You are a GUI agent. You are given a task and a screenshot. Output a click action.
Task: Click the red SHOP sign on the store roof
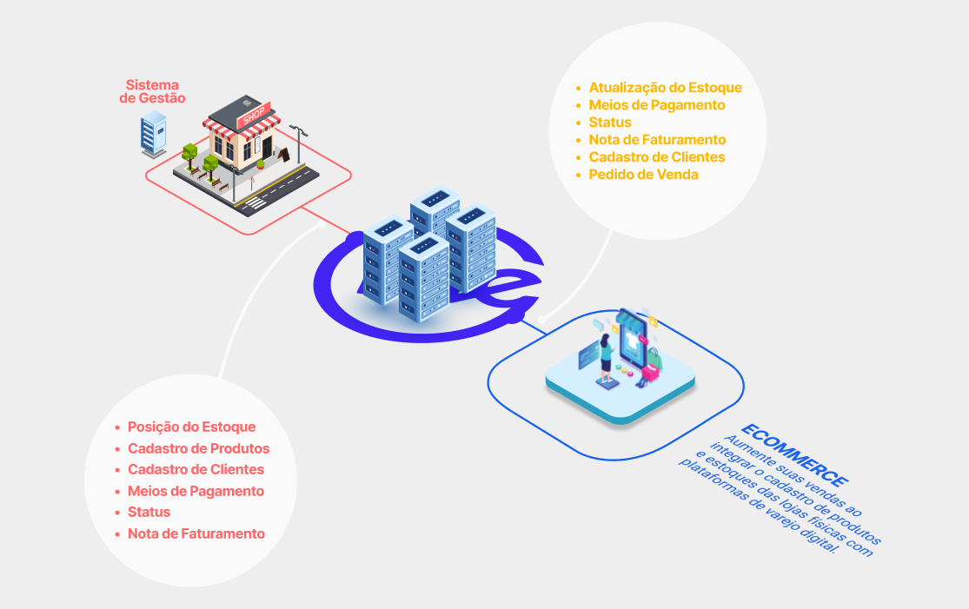point(254,115)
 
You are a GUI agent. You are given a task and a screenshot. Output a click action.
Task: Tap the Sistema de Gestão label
point(152,91)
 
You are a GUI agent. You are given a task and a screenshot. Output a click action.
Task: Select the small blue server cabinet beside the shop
point(153,134)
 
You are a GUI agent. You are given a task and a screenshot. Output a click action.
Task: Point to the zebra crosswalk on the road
point(255,203)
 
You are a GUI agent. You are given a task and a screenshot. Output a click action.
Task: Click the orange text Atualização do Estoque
point(665,88)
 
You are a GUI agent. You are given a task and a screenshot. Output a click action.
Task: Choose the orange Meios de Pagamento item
point(657,105)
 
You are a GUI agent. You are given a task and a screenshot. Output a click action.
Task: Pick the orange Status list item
point(610,122)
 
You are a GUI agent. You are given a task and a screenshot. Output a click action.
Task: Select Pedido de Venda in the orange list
point(643,174)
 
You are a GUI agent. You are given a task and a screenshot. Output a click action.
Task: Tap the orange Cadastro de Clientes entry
point(657,157)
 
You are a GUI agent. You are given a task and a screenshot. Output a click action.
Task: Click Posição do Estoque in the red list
point(191,427)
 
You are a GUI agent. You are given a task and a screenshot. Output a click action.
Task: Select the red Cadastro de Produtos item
point(198,448)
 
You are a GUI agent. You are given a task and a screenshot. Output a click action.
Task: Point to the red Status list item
point(149,512)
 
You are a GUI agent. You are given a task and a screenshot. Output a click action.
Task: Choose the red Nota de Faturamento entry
point(196,533)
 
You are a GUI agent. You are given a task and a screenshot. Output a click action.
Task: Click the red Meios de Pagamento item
point(196,491)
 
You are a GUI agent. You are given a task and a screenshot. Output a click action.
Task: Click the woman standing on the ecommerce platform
point(607,357)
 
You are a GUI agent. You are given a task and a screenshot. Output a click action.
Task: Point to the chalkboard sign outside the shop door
point(283,155)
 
